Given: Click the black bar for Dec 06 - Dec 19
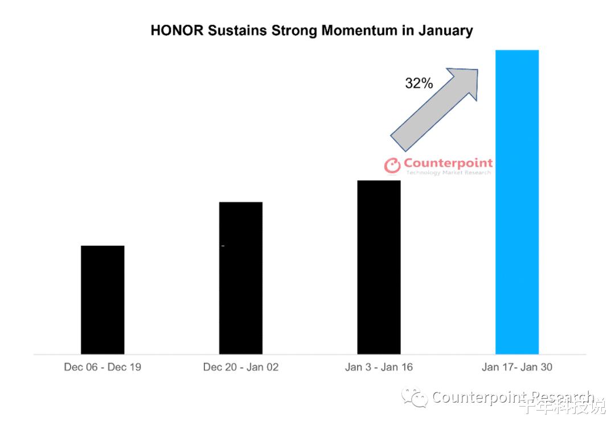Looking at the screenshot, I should (x=102, y=299).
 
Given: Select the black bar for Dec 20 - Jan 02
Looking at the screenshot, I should (x=241, y=278).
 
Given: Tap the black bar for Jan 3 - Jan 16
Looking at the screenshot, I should (x=379, y=267).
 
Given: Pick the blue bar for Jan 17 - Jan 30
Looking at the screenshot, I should (x=517, y=202).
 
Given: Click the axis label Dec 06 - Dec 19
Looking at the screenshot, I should (x=102, y=367).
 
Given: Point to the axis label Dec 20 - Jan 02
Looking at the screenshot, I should (x=241, y=367).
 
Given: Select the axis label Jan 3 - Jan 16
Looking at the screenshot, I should (x=379, y=367).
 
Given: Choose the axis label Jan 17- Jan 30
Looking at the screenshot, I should (x=517, y=367).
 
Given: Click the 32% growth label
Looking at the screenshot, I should (x=419, y=83).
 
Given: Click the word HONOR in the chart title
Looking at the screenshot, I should (x=177, y=30).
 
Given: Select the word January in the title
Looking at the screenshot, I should (x=445, y=30).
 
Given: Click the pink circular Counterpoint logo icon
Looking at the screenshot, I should (x=393, y=165).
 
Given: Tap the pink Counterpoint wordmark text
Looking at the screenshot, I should (x=448, y=163).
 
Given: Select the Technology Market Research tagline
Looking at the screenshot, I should (x=448, y=173).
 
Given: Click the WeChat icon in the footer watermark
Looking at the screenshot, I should (x=415, y=397).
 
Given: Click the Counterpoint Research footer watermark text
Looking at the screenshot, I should (x=512, y=397).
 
